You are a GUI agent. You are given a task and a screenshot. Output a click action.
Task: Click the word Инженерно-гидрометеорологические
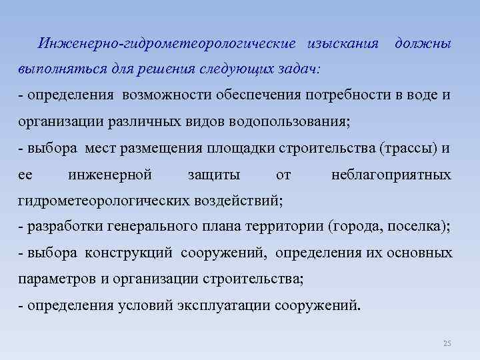tap(167, 43)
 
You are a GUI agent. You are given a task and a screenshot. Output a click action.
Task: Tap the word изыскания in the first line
tap(343, 43)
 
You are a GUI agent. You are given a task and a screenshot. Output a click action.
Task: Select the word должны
tap(423, 43)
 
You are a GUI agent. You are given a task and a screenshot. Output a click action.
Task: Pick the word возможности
tap(167, 95)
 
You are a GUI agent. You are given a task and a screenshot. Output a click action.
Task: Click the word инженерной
tap(110, 175)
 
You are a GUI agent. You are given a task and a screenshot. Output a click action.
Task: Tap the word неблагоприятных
tap(391, 175)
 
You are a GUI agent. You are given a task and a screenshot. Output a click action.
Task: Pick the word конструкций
tap(129, 254)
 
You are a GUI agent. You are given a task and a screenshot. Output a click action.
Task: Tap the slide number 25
tap(447, 343)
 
